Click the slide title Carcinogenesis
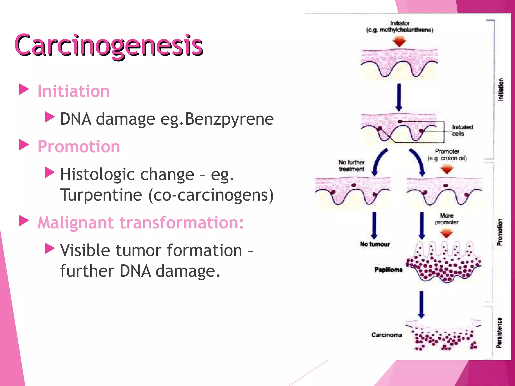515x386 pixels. click(109, 45)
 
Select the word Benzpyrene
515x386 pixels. click(229, 119)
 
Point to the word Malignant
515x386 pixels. click(76, 223)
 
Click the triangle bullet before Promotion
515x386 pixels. click(24, 145)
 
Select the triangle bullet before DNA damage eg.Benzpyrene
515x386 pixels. click(50, 117)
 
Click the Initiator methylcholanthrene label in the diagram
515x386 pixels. click(400, 27)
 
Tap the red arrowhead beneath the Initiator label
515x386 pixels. click(399, 41)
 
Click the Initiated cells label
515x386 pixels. click(462, 130)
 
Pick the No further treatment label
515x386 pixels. click(351, 166)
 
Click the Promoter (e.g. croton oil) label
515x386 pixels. click(447, 155)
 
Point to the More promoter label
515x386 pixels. click(447, 219)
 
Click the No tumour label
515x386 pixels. click(375, 244)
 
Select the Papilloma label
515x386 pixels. click(388, 270)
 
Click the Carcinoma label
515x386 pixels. click(387, 335)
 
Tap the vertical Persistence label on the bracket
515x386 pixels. click(499, 333)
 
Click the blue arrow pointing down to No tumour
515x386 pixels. click(374, 225)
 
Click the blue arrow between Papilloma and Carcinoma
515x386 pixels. click(421, 304)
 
